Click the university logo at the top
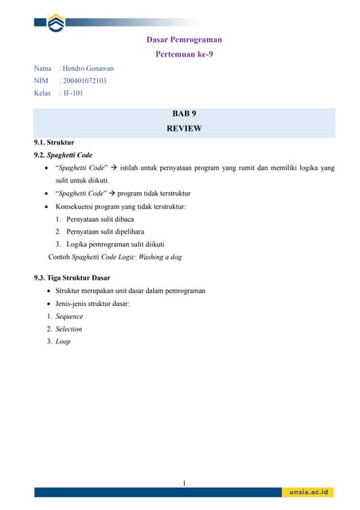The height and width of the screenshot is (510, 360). pos(57,24)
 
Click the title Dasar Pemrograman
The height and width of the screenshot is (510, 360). pos(184,39)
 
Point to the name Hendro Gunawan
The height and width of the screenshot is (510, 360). pos(88,69)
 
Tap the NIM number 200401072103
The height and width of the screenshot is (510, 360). pos(84,80)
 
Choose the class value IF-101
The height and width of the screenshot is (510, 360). pos(72,93)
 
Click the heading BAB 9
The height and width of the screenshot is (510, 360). pos(184,115)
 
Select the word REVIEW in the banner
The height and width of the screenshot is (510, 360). pos(184,128)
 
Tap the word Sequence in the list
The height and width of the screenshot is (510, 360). pos(69,316)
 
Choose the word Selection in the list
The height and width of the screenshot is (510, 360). pos(68,329)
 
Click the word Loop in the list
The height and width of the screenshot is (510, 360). pos(63,341)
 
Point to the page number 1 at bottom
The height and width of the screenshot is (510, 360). pos(184,483)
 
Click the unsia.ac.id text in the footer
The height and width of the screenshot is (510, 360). pos(311,493)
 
